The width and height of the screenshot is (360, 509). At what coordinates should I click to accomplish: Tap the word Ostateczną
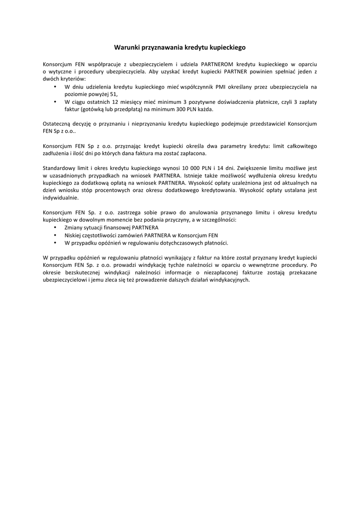58,124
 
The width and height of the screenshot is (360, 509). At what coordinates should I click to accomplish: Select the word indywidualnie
61,197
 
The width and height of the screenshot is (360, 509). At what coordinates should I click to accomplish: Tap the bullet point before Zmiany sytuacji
54,227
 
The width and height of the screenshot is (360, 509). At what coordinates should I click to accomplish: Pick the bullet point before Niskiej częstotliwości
54,235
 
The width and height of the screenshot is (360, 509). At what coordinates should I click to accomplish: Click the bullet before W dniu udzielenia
54,86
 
